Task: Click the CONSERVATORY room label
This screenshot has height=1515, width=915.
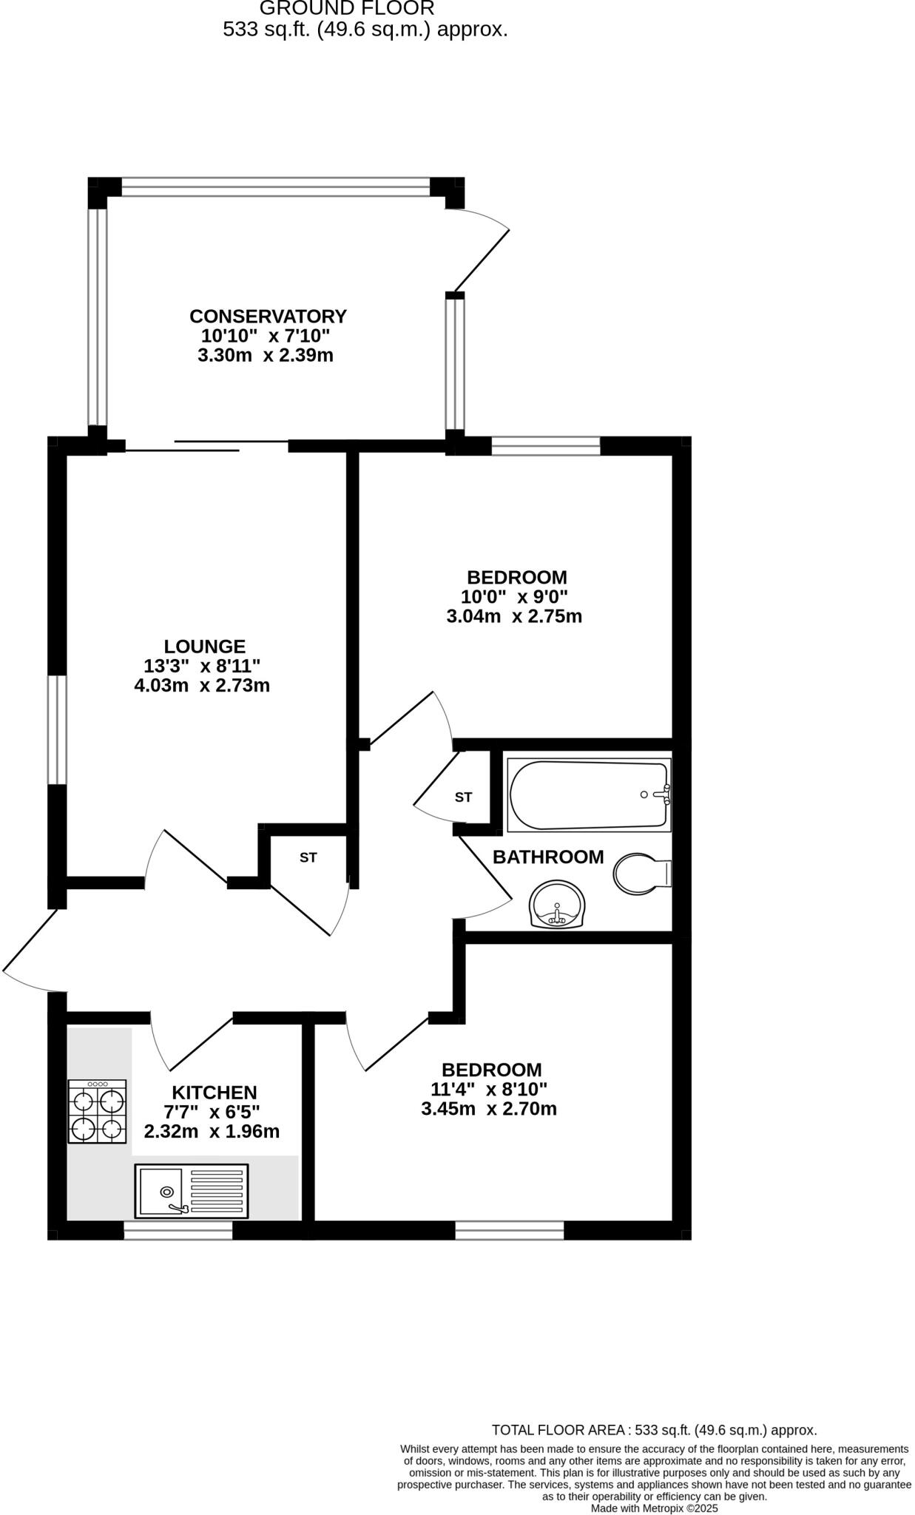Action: (x=268, y=317)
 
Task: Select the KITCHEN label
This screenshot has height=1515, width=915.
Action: (x=215, y=1093)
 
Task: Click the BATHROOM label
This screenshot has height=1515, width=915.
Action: (x=548, y=857)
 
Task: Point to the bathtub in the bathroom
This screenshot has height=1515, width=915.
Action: (x=588, y=795)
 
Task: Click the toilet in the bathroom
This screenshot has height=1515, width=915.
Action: (x=641, y=874)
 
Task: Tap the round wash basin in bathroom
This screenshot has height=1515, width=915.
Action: (x=557, y=904)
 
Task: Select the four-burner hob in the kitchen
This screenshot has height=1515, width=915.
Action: (x=97, y=1112)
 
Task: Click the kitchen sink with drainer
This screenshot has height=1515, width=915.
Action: (x=192, y=1191)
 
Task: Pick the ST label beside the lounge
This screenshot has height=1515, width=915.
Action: (x=308, y=858)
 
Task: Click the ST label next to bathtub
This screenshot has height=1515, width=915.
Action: (x=463, y=797)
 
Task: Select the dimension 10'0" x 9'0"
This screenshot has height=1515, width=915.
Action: (x=515, y=597)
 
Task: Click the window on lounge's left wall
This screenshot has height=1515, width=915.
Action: (x=58, y=729)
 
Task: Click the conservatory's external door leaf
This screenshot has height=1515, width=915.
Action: (x=482, y=260)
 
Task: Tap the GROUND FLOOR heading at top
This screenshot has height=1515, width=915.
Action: (x=347, y=9)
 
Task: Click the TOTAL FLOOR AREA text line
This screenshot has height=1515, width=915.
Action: (x=654, y=1430)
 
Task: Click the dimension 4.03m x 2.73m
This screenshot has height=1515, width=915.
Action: (x=202, y=686)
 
